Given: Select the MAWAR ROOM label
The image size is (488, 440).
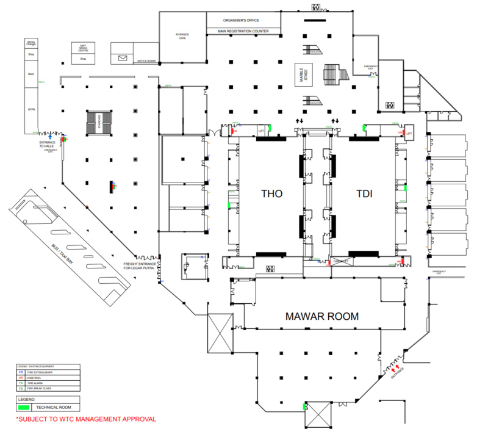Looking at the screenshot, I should click(322, 316).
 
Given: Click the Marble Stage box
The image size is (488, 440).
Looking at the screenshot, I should click(301, 73).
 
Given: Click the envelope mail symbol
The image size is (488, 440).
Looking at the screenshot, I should click(123, 59).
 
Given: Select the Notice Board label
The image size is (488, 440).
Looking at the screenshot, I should click(147, 61).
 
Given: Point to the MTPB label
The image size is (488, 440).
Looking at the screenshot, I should click(30, 110).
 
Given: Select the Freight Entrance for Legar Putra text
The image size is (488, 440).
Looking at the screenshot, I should click(141, 265).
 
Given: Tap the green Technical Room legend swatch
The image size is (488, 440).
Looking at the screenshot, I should click(24, 406).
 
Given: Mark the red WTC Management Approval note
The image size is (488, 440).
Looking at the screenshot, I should click(85, 419).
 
